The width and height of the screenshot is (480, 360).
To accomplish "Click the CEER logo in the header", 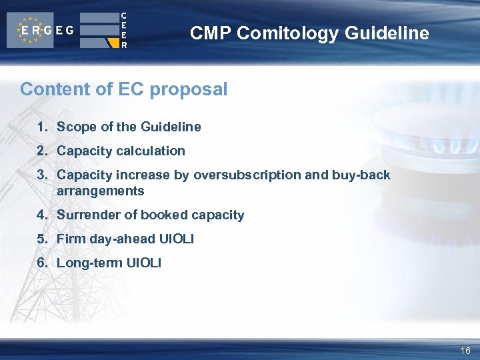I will click(103, 30).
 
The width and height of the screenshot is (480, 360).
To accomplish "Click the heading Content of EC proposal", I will click(123, 89).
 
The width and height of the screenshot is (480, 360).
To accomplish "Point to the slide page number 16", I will click(465, 351).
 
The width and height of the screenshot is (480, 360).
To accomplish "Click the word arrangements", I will click(100, 191).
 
